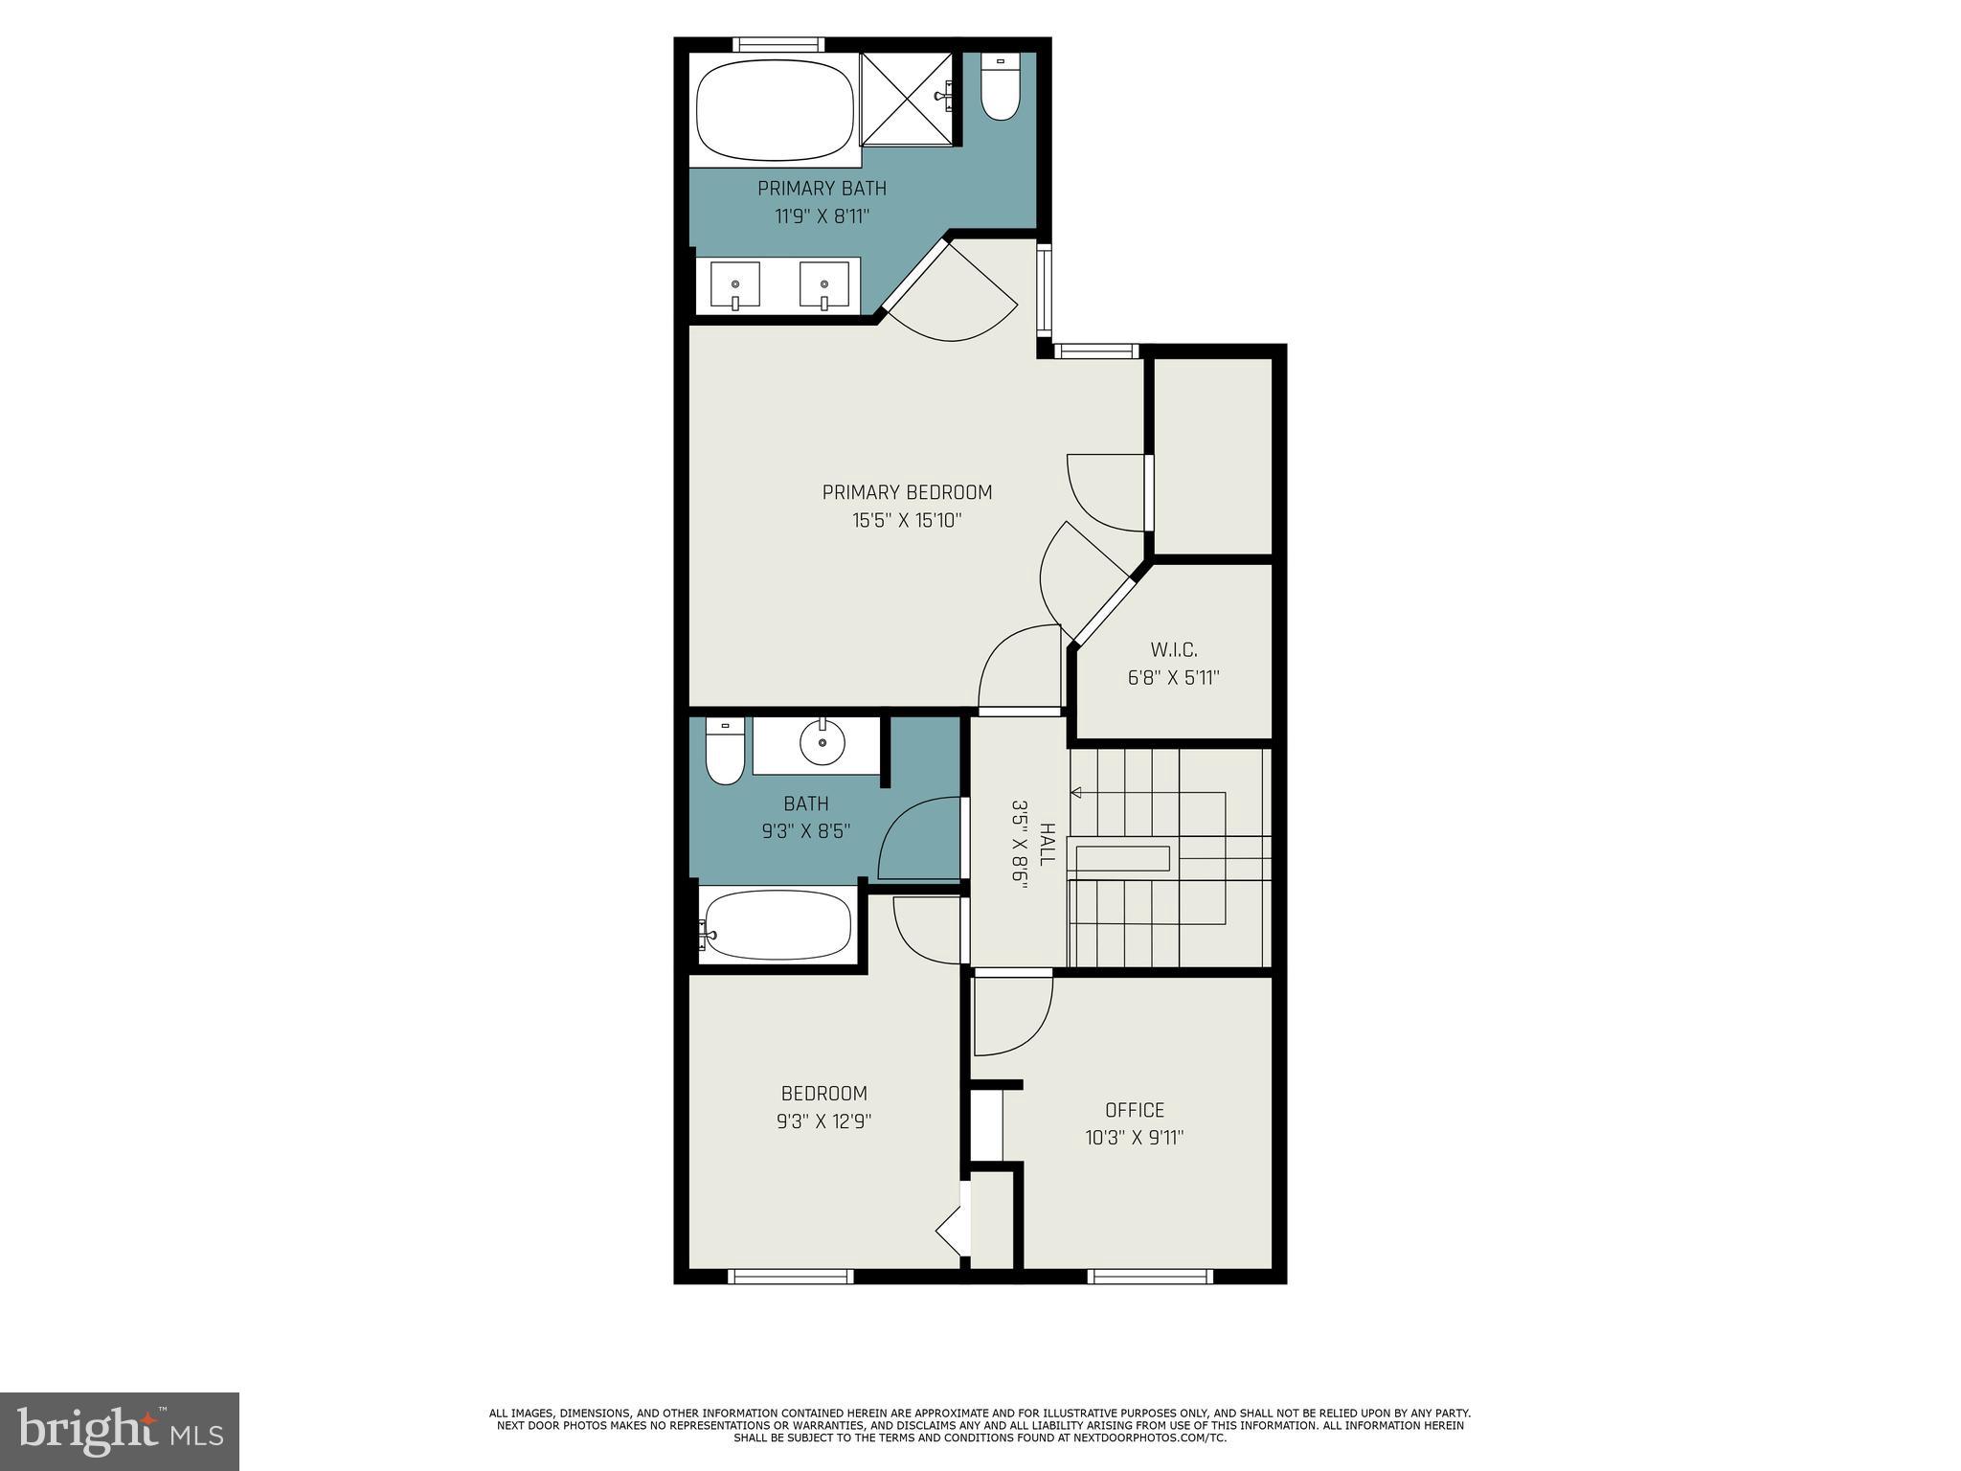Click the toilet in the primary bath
[1001, 89]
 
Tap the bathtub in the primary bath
[775, 110]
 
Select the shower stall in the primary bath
[907, 100]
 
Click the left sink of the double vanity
[735, 285]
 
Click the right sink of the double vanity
[824, 285]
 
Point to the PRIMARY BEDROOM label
[907, 492]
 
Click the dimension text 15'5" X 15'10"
[907, 521]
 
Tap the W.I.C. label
[1173, 650]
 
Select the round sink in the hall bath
[823, 742]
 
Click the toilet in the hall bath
[725, 753]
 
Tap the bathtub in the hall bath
[776, 925]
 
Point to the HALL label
[1047, 844]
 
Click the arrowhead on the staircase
[1076, 793]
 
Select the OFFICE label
[1135, 1110]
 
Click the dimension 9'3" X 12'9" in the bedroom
[823, 1121]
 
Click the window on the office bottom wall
[1150, 1276]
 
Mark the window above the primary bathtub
[778, 44]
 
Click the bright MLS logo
[120, 1431]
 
